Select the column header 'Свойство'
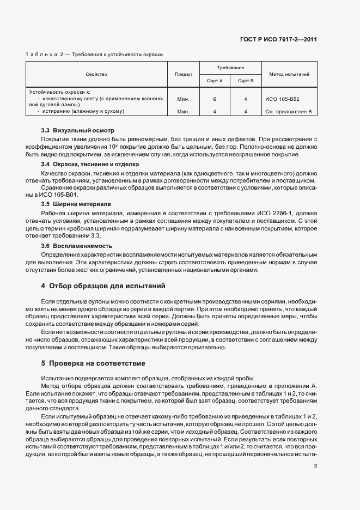pyautogui.click(x=96, y=74)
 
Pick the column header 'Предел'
pyautogui.click(x=183, y=74)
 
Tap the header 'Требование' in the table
pyautogui.click(x=230, y=68)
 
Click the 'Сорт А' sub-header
pyautogui.click(x=215, y=81)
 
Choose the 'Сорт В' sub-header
pyautogui.click(x=246, y=81)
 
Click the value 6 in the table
pyautogui.click(x=215, y=99)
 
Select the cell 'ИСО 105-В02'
pyautogui.click(x=282, y=99)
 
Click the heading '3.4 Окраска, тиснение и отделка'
pyautogui.click(x=90, y=164)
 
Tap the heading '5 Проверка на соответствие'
pyautogui.click(x=93, y=363)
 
